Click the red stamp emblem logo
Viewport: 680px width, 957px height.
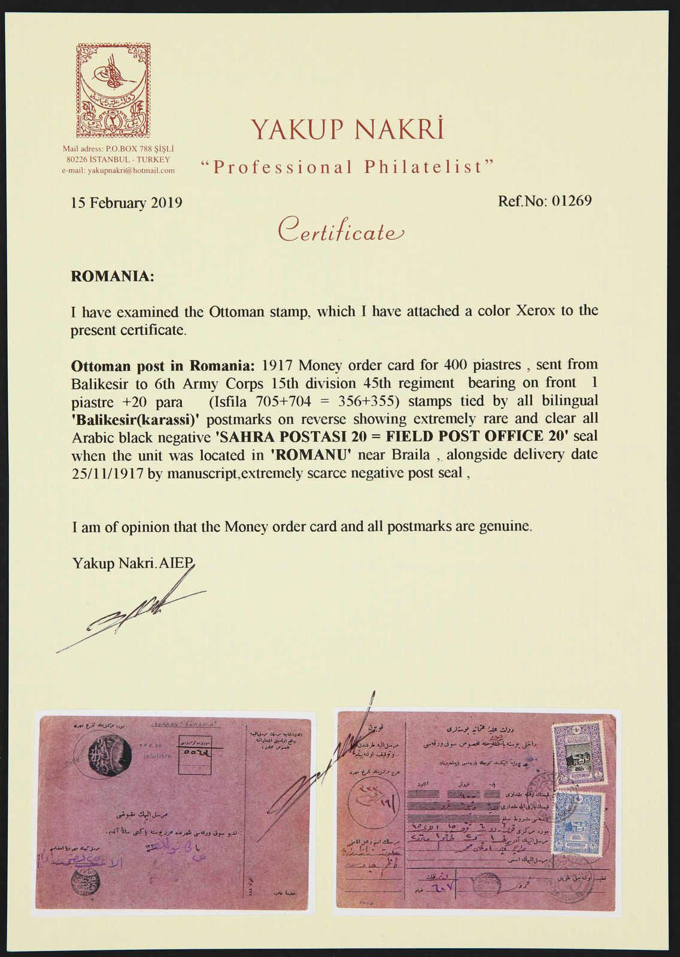click(113, 90)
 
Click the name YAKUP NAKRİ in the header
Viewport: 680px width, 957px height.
click(347, 129)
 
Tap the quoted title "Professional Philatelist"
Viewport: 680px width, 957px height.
click(347, 167)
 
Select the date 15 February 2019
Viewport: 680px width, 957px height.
click(126, 203)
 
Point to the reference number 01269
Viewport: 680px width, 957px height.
click(571, 200)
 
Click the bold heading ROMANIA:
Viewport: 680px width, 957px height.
click(113, 276)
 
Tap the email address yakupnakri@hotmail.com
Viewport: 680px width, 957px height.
click(119, 170)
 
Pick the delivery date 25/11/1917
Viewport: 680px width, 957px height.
click(108, 473)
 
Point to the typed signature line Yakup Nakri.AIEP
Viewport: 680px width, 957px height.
click(133, 563)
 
